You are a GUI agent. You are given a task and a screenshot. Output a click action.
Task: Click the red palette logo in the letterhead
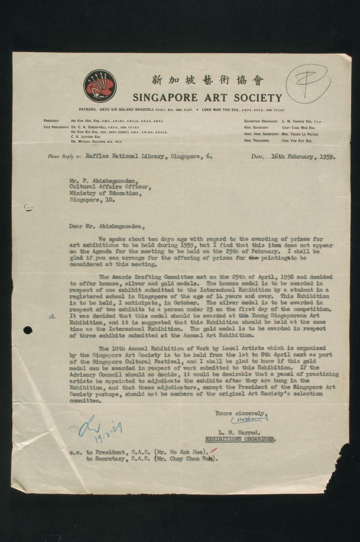(x=100, y=86)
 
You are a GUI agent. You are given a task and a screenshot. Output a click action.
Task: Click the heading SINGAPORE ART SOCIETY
(x=207, y=98)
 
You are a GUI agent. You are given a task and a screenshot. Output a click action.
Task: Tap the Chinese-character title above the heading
(x=207, y=80)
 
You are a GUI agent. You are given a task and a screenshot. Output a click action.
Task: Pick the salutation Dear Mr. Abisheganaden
(x=108, y=226)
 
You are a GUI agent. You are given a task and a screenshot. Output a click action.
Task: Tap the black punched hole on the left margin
(x=28, y=330)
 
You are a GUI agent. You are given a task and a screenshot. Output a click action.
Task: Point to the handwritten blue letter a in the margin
(x=52, y=317)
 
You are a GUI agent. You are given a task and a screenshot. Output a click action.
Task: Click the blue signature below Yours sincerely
(x=249, y=420)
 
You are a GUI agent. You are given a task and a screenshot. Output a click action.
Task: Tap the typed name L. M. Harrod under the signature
(x=236, y=432)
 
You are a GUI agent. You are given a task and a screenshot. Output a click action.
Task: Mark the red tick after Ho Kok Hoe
(x=213, y=449)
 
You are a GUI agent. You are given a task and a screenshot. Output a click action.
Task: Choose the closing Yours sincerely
(x=241, y=413)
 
